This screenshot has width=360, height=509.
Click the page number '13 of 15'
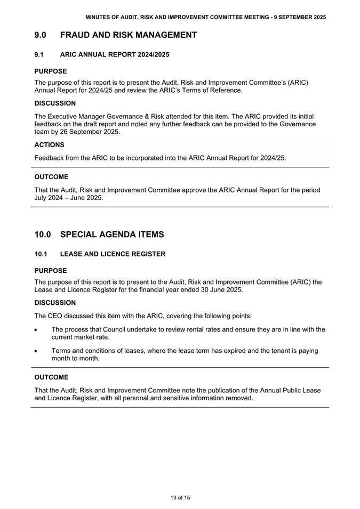click(180, 498)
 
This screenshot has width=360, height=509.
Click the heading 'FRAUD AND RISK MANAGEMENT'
click(129, 35)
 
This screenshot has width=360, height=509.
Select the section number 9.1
click(39, 54)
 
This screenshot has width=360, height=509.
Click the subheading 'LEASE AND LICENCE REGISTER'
click(113, 254)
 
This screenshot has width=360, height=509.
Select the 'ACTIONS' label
click(49, 144)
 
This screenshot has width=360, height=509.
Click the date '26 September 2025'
click(87, 132)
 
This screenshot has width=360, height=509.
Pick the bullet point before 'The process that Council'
click(36, 330)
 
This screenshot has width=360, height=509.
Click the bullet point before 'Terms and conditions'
click(36, 351)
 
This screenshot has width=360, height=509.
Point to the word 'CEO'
click(57, 316)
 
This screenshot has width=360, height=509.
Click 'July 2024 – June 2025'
click(69, 197)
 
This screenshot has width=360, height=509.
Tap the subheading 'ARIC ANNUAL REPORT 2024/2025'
click(115, 54)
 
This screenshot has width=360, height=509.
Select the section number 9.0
click(41, 35)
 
